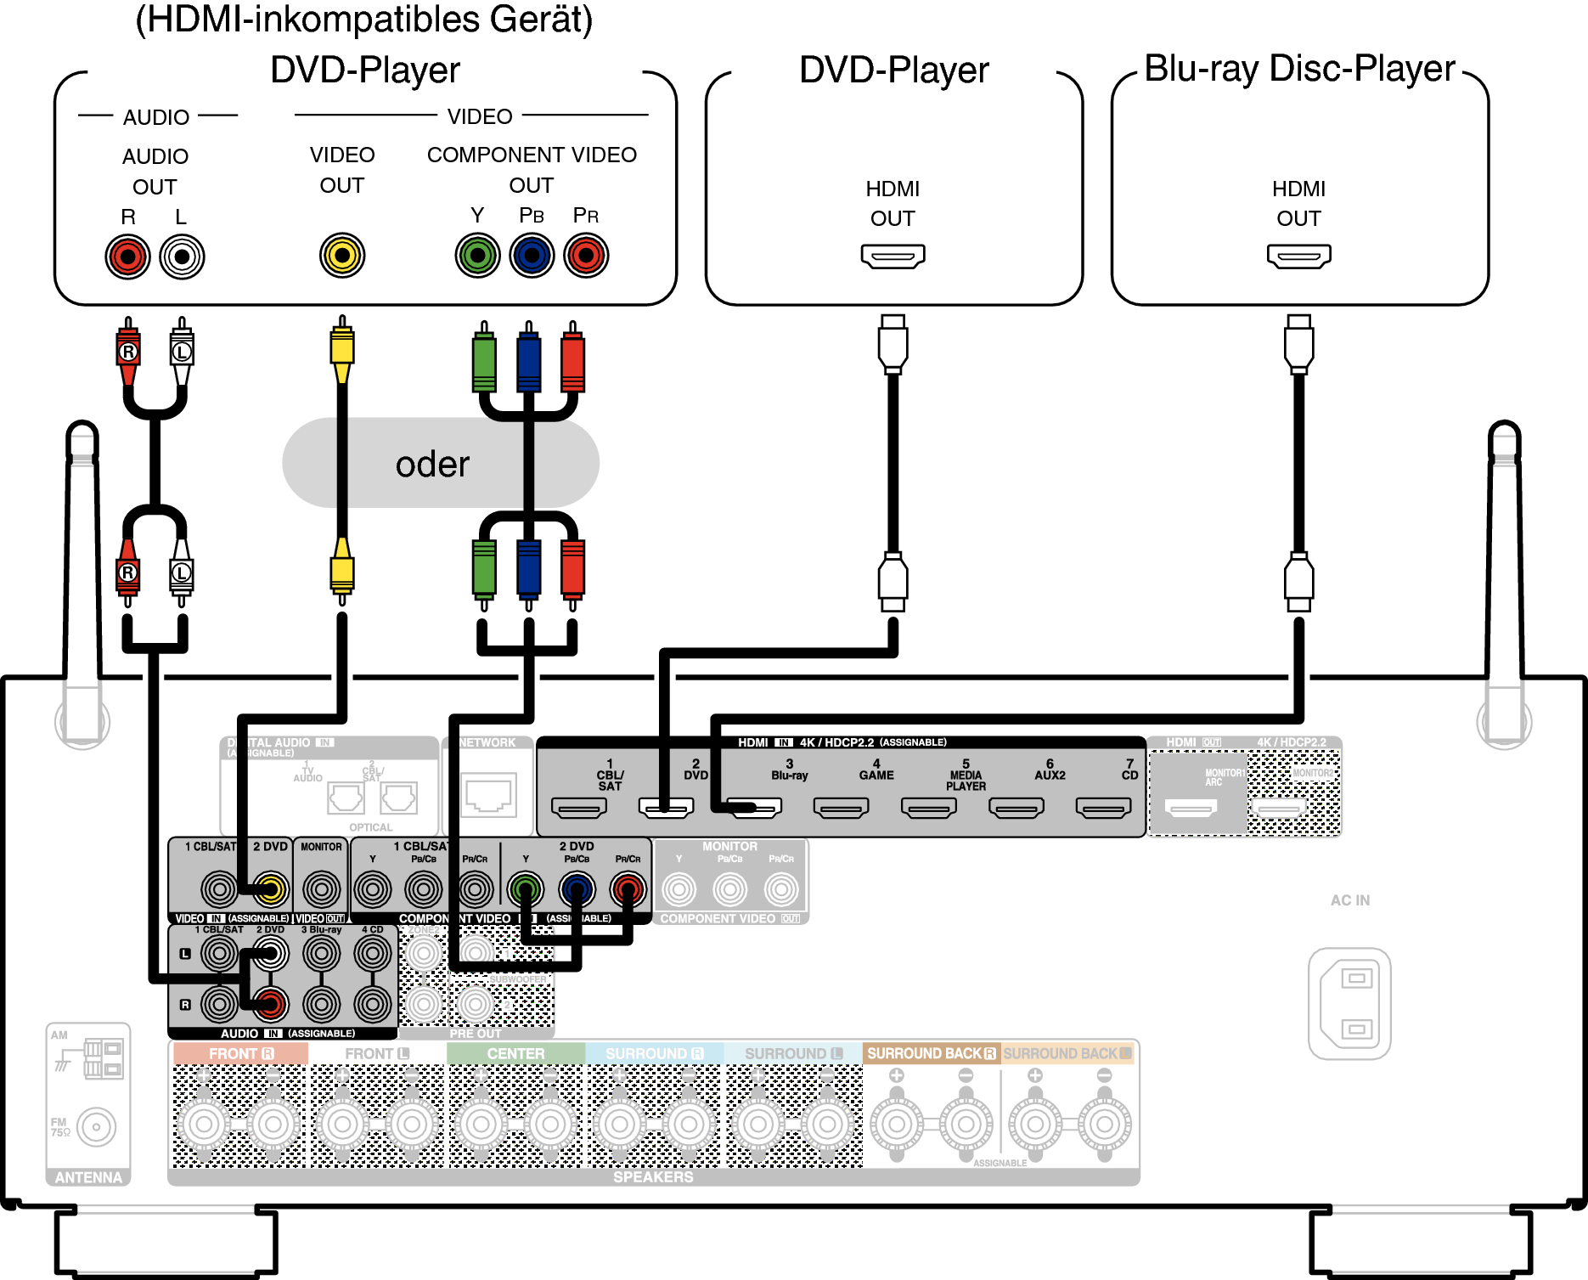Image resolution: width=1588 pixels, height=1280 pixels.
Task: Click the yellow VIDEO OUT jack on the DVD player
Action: (342, 255)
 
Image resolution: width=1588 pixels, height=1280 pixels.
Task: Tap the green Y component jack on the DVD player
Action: (477, 255)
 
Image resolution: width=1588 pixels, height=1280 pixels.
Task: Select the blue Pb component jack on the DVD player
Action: (532, 255)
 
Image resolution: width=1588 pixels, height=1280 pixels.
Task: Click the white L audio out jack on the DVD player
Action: (183, 257)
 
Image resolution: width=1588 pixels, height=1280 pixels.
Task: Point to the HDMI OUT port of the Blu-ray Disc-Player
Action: (1298, 256)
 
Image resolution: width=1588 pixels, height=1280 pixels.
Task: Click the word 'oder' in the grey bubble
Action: (432, 464)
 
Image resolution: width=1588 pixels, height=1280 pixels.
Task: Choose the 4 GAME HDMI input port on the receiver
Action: (841, 807)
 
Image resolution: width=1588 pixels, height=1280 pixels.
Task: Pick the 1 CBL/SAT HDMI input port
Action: (579, 807)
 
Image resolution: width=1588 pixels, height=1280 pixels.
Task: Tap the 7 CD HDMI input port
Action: (1103, 807)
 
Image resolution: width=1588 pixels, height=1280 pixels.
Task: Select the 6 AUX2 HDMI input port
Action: (1016, 807)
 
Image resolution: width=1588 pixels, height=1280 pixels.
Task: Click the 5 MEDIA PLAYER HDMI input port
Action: (928, 807)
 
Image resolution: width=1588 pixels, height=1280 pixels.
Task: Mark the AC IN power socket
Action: (1349, 1003)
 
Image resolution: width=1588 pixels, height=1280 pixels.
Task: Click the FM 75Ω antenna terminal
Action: (96, 1127)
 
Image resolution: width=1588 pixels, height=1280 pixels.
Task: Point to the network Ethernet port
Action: (488, 794)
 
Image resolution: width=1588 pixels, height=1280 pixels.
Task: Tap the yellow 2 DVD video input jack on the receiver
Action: (271, 889)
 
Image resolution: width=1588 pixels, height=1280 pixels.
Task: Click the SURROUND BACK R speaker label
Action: (931, 1053)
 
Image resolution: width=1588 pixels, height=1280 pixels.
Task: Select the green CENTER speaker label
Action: (515, 1053)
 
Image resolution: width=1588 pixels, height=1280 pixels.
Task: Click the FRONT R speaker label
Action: (241, 1053)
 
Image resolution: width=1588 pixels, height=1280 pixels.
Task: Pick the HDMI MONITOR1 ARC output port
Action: (1191, 808)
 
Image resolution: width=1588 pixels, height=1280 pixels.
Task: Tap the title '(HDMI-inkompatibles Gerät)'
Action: (364, 20)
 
